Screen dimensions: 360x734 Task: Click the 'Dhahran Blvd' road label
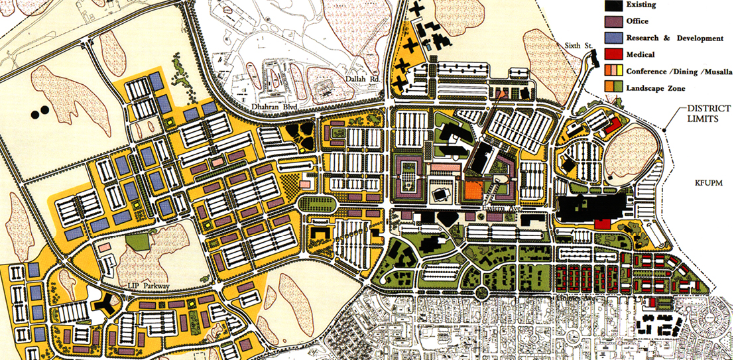(272, 105)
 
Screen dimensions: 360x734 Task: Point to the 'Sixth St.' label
(577, 46)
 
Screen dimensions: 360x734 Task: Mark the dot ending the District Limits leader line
(664, 127)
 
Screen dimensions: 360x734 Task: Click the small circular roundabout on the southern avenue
(482, 292)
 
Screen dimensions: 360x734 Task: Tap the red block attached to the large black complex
(602, 223)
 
